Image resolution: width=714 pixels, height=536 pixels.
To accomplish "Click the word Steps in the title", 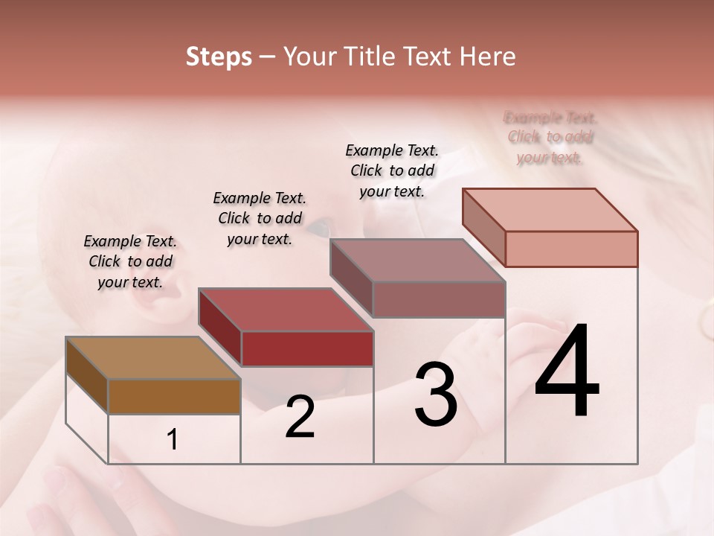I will (x=219, y=57).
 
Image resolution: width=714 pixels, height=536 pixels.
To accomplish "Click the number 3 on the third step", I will (x=436, y=395).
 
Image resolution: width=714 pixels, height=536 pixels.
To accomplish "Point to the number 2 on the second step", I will (x=300, y=417).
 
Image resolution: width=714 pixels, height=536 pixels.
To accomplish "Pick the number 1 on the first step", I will (x=173, y=440).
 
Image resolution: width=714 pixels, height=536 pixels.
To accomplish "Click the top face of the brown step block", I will (x=152, y=357).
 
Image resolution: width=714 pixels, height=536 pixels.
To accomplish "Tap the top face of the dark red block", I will (x=285, y=309).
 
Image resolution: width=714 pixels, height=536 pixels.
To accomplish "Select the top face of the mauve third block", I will (x=417, y=260).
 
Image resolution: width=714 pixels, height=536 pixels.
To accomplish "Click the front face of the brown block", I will (x=174, y=396).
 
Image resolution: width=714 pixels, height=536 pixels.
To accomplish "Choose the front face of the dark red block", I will (x=307, y=348).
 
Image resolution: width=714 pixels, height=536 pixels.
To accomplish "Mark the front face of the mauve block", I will (x=439, y=299).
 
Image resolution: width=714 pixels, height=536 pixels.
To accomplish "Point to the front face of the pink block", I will (x=571, y=249).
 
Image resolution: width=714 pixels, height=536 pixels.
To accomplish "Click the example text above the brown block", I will (x=130, y=261).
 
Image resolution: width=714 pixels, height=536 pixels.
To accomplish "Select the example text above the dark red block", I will (x=260, y=218).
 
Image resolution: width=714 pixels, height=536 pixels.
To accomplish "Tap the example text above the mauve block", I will (x=392, y=170).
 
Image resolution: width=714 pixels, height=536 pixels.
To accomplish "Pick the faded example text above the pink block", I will (x=550, y=137).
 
